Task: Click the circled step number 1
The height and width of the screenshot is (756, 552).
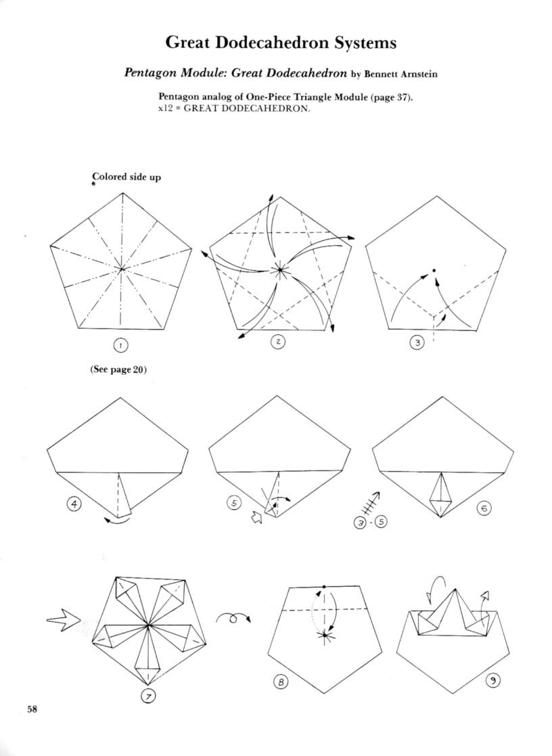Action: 120,345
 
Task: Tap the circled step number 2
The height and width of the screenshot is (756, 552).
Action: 277,342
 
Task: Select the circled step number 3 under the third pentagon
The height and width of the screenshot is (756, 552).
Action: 417,343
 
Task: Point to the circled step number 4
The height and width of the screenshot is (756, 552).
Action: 70,504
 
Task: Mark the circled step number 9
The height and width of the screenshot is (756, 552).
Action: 494,682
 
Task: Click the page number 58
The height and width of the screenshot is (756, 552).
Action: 32,709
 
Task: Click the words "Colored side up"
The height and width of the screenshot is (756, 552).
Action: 127,177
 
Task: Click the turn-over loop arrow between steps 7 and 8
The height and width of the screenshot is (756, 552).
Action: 234,617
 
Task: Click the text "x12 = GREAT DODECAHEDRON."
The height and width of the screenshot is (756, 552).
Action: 234,110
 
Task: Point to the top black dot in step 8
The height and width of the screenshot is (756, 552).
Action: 325,586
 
